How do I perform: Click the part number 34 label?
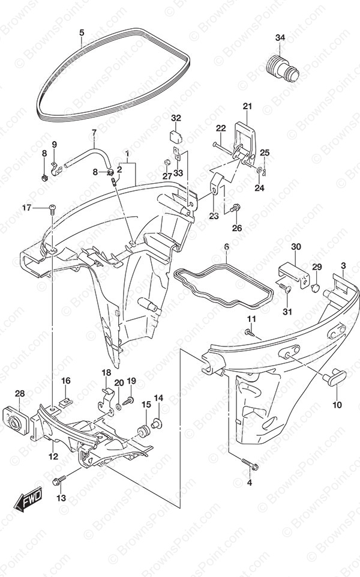pyautogui.click(x=280, y=38)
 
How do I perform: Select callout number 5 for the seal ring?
pyautogui.click(x=81, y=32)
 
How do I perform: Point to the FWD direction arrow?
pyautogui.click(x=28, y=500)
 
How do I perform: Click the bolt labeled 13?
pyautogui.click(x=59, y=480)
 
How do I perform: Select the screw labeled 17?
pyautogui.click(x=52, y=208)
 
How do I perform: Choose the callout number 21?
pyautogui.click(x=247, y=106)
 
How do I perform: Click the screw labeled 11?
pyautogui.click(x=250, y=331)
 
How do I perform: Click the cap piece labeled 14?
pyautogui.click(x=157, y=424)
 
